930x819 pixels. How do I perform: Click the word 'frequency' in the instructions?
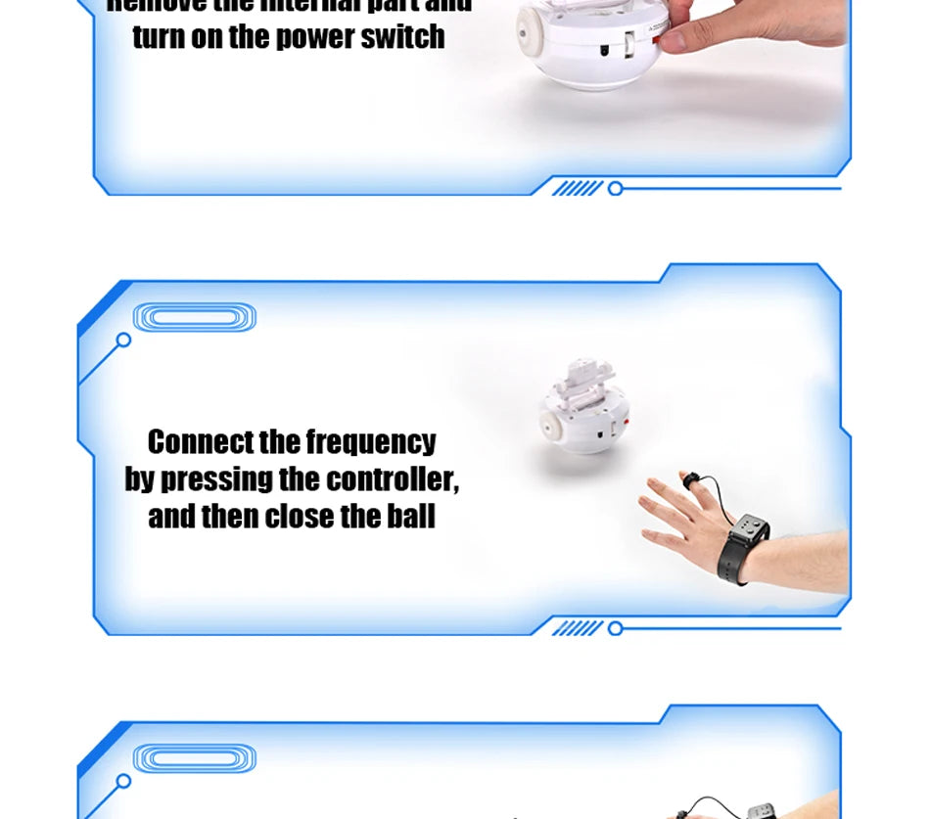click(370, 442)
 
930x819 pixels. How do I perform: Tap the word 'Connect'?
click(200, 442)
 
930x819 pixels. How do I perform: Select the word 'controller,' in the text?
click(392, 479)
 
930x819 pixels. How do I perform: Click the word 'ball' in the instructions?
click(410, 516)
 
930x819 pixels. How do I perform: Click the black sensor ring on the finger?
click(691, 479)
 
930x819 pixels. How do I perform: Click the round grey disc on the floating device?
click(553, 414)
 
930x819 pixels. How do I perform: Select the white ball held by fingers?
click(587, 44)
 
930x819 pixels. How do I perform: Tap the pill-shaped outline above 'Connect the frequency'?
click(194, 317)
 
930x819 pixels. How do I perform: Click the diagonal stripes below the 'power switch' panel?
click(577, 188)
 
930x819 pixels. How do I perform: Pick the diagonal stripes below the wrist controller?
click(577, 628)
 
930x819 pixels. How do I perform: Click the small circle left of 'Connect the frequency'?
click(123, 341)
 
